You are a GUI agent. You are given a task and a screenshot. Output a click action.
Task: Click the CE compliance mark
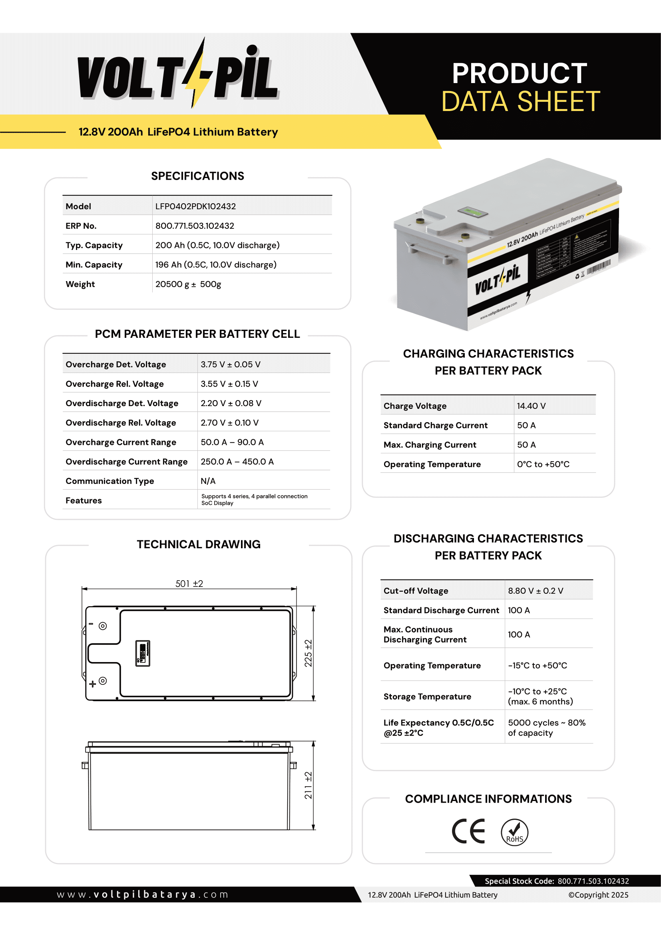468,831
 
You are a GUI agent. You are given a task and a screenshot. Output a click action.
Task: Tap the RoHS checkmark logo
514,832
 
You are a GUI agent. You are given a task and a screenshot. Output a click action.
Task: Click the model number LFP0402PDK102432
195,206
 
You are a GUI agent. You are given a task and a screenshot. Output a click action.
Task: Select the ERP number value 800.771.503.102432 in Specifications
195,226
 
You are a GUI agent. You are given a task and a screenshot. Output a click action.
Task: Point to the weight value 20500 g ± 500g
188,284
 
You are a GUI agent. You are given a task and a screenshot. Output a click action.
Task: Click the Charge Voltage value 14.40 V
531,406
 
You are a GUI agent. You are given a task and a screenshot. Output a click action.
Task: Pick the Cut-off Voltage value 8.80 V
535,591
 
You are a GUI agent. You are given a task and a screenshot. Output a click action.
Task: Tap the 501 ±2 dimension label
189,584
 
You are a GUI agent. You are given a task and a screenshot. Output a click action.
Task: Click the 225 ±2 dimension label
309,653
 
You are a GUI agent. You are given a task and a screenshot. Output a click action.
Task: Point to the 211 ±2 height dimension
309,785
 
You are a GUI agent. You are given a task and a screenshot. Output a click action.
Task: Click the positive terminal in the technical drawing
103,680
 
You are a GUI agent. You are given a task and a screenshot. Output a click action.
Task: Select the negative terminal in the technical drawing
103,626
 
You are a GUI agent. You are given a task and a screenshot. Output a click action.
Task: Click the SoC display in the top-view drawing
142,653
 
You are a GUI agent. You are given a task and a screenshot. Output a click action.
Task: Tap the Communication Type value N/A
208,481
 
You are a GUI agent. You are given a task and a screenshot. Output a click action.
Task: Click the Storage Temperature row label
427,697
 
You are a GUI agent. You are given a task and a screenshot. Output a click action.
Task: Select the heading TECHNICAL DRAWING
199,544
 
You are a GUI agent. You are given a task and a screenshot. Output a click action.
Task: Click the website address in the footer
142,894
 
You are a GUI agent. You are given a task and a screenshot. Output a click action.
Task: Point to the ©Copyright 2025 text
598,895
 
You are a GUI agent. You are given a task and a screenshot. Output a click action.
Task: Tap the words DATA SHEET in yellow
521,101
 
